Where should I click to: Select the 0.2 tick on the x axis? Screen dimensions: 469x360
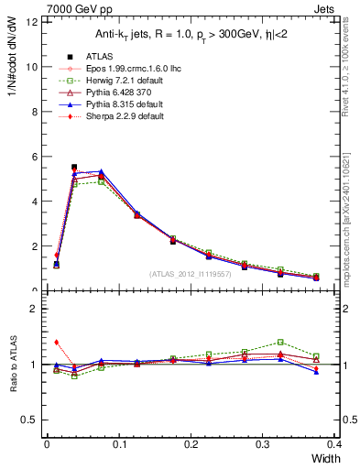click(191, 443)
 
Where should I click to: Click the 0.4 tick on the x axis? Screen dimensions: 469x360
click(334, 443)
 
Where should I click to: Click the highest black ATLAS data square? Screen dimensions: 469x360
click(74, 168)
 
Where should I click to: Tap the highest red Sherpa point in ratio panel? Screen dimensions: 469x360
click(56, 342)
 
